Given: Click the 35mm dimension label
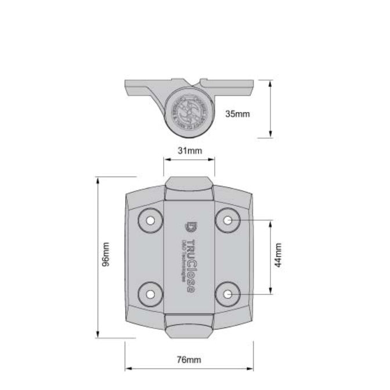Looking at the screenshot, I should (x=237, y=114).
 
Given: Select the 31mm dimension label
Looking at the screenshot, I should (x=189, y=151).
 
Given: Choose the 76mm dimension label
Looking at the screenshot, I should (x=189, y=360).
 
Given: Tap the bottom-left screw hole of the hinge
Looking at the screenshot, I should (x=150, y=294).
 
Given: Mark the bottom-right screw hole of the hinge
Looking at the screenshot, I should (x=228, y=294).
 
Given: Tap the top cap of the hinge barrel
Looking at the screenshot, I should (x=189, y=189).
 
